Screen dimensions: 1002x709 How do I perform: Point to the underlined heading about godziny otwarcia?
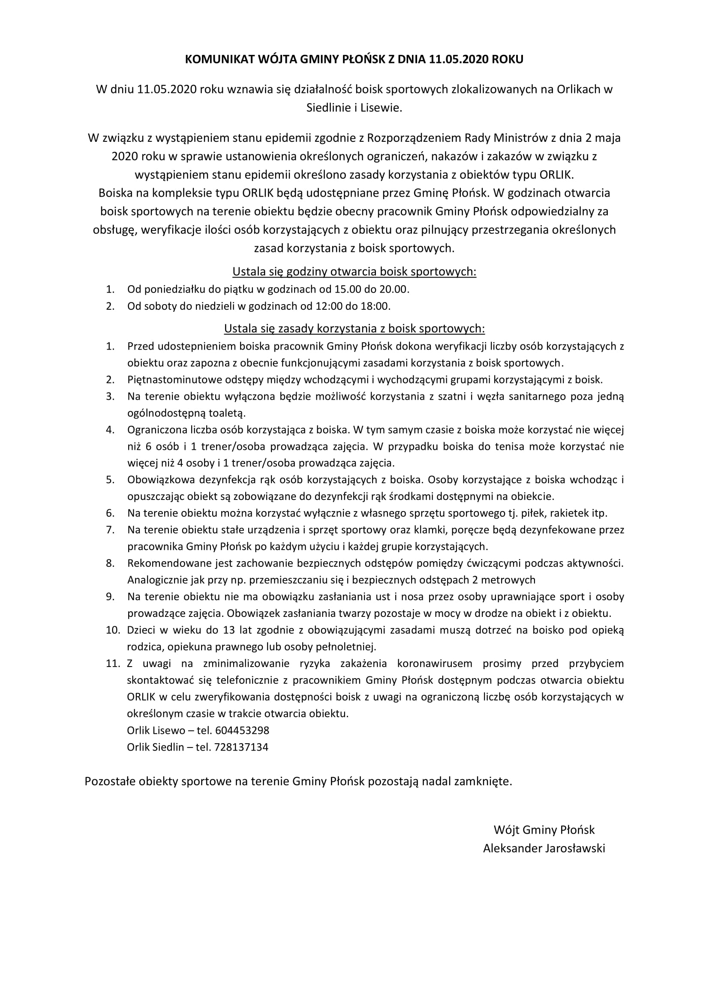pos(354,272)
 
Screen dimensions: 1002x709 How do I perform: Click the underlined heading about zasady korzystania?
pos(354,328)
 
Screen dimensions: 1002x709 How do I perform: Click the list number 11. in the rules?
pos(112,663)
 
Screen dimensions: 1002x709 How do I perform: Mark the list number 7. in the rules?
pos(110,530)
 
